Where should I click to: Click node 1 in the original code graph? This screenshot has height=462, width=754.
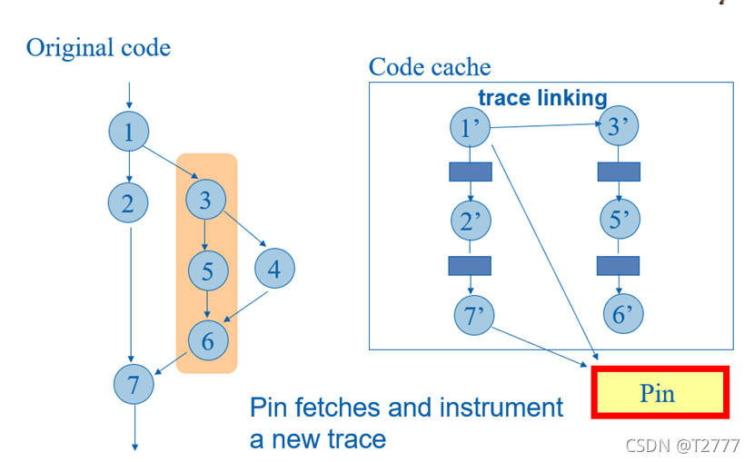coord(129,133)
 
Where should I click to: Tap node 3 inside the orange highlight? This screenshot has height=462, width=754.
coord(204,199)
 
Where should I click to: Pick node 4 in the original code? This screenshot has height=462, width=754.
coord(274,269)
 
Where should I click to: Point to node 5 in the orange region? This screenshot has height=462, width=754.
coord(208,270)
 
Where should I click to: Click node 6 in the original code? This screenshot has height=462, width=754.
coord(208,340)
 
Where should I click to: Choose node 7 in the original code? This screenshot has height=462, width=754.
coord(134,384)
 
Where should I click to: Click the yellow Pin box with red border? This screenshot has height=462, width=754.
coord(660,393)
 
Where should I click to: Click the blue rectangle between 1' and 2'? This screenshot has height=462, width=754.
coord(471,172)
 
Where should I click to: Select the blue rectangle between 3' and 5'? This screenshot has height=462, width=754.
coord(619,172)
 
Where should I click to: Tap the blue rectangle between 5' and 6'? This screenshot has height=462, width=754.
coord(619,265)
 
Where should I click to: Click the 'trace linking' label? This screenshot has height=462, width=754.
coord(542,98)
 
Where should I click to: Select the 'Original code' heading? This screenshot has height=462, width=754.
coord(98,47)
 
